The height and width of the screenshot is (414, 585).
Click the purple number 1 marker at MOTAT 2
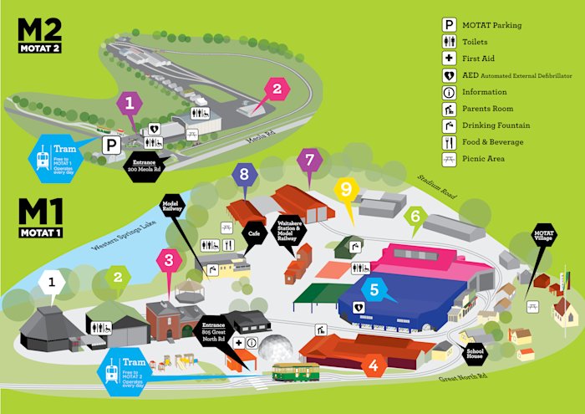(x=129, y=104)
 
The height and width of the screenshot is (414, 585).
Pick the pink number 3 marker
(x=169, y=260)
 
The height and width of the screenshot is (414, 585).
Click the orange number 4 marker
(x=374, y=365)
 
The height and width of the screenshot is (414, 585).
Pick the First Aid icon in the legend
(x=450, y=58)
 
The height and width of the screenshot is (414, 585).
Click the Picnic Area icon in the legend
(x=450, y=158)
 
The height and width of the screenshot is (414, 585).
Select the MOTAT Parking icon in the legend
(x=450, y=25)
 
